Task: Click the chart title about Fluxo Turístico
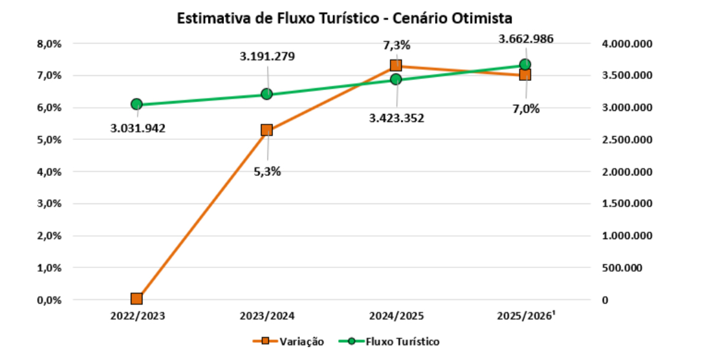pos(344,18)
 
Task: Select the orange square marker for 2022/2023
pos(137,299)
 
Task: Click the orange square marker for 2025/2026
pos(525,74)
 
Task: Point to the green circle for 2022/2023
pos(137,104)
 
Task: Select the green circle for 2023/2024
pos(266,94)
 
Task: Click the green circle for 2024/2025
pos(396,80)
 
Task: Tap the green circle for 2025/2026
pos(525,64)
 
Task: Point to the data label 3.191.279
pos(268,57)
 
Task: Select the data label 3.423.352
pos(396,118)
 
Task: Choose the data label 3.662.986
pos(526,39)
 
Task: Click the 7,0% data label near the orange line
pos(527,109)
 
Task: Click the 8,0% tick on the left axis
pos(48,44)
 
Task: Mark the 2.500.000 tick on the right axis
pos(627,140)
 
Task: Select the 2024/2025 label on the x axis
pos(396,316)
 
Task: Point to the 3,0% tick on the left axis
pos(48,204)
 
